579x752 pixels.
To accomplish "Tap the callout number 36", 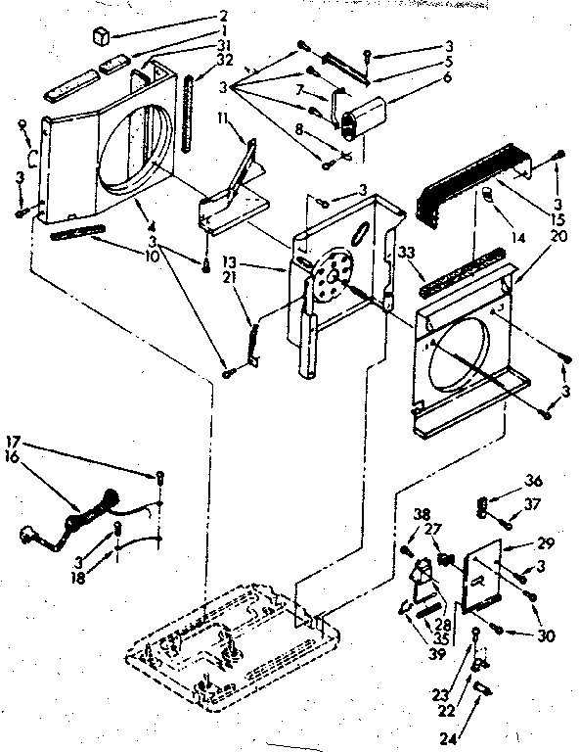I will [531, 481].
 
